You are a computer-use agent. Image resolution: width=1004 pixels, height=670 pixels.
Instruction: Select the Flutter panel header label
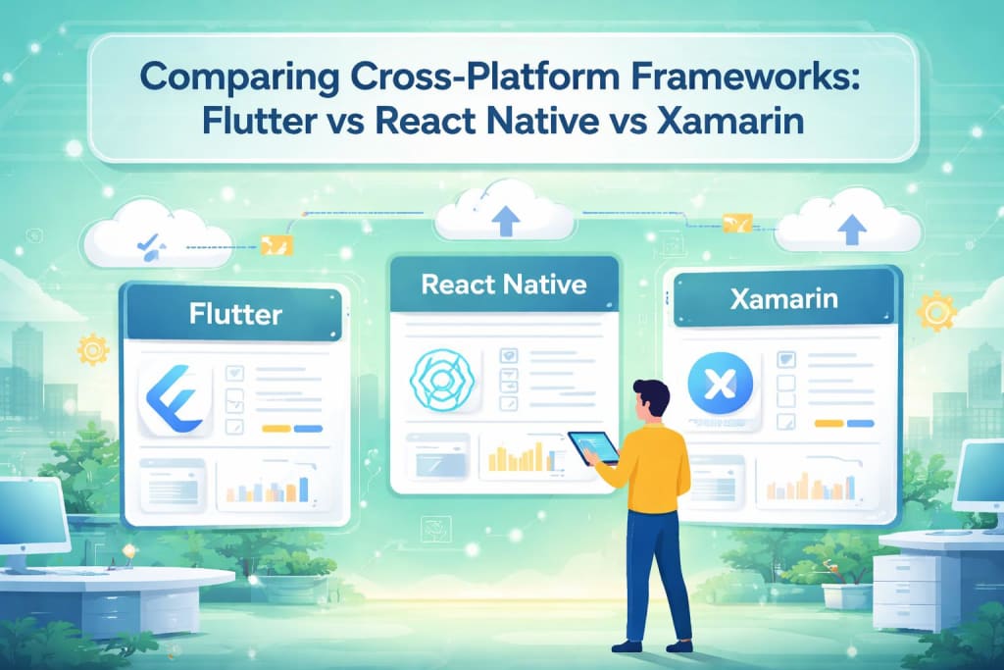pyautogui.click(x=234, y=315)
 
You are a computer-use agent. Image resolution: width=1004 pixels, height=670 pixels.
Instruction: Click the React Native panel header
pyautogui.click(x=503, y=284)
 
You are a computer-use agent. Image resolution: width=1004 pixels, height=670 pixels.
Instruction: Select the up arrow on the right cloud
pyautogui.click(x=849, y=230)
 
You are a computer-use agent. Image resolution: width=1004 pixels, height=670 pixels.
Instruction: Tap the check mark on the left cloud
pyautogui.click(x=148, y=239)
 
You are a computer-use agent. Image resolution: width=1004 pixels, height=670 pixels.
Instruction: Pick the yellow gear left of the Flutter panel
pyautogui.click(x=94, y=349)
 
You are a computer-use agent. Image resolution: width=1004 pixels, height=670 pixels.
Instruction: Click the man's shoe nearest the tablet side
pyautogui.click(x=628, y=644)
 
